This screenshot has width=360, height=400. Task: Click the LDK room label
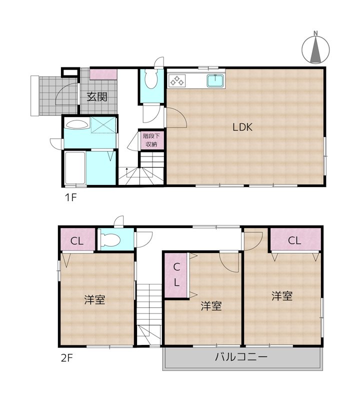(242, 127)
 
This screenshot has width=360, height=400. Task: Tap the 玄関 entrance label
(97, 96)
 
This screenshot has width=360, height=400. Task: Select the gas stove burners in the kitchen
(177, 81)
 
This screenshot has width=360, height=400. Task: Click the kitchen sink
(215, 81)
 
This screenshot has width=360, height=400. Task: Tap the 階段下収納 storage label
(151, 140)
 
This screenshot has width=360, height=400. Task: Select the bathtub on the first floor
(75, 167)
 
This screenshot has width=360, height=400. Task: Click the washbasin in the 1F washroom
(77, 124)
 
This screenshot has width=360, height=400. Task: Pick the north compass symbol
(315, 48)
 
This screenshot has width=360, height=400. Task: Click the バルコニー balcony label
(241, 356)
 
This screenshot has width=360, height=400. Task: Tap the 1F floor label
(70, 197)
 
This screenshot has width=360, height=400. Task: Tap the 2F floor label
(67, 358)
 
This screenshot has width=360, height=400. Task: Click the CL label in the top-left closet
(77, 241)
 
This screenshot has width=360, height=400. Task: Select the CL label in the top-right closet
(294, 240)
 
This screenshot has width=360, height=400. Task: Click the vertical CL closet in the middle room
(176, 274)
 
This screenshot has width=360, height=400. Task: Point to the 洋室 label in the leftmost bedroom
(94, 299)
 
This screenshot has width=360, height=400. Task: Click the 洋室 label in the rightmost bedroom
(282, 296)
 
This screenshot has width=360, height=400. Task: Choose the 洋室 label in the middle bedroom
(211, 306)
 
